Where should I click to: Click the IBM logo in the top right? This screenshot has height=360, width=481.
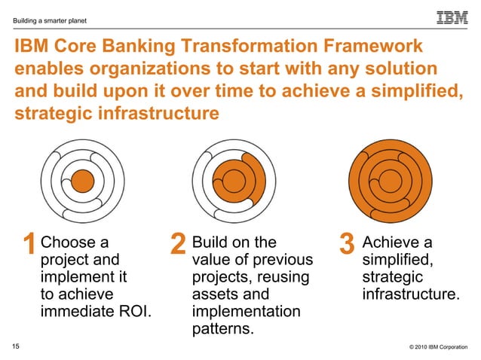pos(452,17)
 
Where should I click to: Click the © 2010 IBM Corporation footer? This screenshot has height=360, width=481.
pos(434,346)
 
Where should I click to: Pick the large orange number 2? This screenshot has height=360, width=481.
pos(178,246)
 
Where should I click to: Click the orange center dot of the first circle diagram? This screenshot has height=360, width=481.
pos(81,181)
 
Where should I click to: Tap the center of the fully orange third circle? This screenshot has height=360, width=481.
pos(390,181)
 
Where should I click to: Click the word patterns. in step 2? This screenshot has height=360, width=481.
pos(223,329)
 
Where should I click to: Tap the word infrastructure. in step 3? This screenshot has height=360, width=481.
pos(410,294)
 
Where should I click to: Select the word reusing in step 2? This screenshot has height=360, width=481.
pos(285,277)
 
